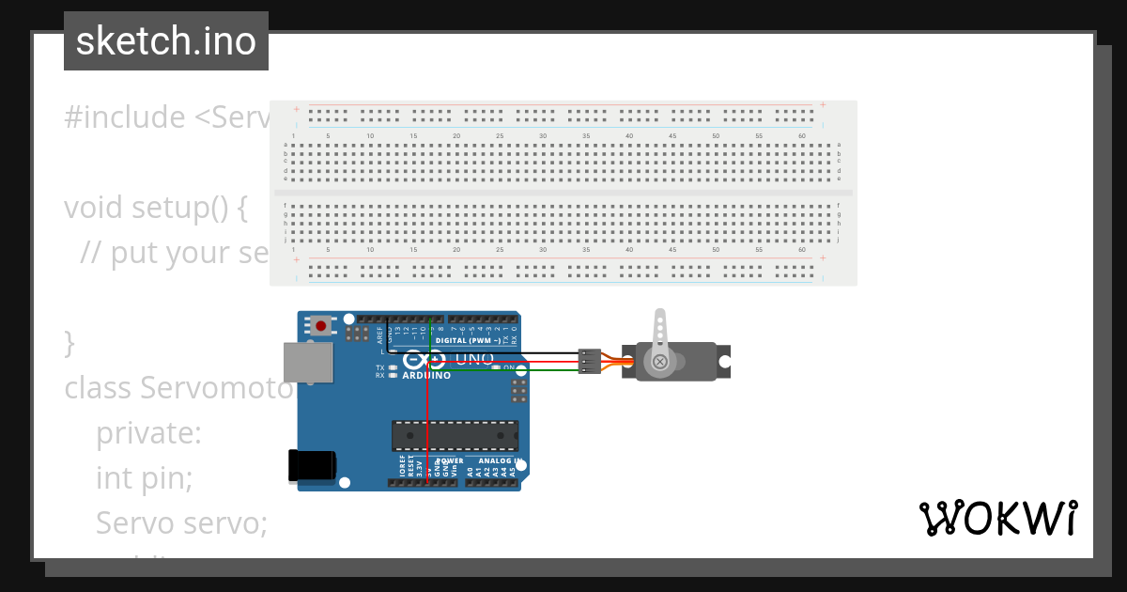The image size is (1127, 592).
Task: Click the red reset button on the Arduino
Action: pos(321,326)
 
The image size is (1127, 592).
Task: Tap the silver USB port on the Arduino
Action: pos(309,363)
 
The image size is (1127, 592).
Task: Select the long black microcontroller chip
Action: pos(455,436)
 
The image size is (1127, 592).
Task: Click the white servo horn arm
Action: pos(660,336)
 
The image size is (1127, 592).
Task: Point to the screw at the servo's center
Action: pos(660,361)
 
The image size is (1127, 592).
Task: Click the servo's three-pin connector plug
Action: pos(589,362)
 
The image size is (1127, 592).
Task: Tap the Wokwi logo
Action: pos(997,518)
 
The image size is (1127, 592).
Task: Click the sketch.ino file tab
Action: pos(166,41)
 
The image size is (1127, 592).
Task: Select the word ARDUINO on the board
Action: pos(426,376)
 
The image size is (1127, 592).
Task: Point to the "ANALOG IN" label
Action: pos(499,461)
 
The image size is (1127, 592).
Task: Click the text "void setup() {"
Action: pos(155,208)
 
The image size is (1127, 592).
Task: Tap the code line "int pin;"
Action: pos(144,478)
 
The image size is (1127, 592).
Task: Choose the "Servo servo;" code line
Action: pos(181,522)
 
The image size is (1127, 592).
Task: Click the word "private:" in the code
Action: pos(148,433)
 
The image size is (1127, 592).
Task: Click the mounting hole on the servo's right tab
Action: pos(724,361)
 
